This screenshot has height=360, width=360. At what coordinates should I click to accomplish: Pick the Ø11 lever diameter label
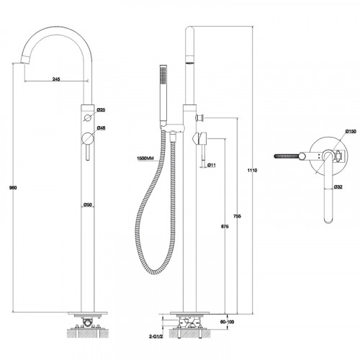click(213, 166)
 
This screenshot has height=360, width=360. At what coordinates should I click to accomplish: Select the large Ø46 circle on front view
click(86, 137)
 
